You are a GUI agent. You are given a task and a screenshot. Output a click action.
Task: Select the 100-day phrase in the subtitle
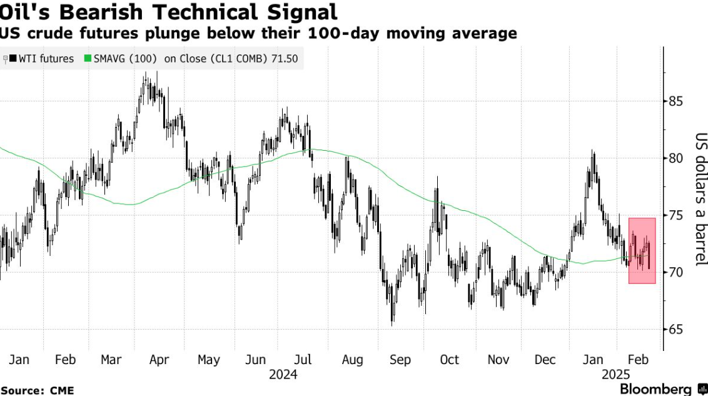point(365,33)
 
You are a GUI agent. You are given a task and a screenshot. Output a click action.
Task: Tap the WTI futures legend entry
point(46,59)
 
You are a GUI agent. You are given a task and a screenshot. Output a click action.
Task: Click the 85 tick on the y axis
point(675,101)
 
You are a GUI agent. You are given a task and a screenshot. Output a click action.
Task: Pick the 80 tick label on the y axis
point(675,158)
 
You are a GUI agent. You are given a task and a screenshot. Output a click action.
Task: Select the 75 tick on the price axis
point(675,215)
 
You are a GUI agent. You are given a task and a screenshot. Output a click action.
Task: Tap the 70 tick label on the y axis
point(675,272)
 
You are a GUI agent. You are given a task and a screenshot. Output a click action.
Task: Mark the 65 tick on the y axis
point(675,330)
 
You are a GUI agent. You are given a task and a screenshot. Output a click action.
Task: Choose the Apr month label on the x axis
point(159,360)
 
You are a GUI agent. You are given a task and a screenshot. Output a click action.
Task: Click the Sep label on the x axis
point(400,360)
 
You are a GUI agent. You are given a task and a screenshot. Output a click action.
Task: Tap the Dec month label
point(545,360)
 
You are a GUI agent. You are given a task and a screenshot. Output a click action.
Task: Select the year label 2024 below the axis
point(283,375)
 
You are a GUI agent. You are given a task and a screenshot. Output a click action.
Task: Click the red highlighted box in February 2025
point(642,250)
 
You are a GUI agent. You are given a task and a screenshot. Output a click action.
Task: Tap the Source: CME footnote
point(37,390)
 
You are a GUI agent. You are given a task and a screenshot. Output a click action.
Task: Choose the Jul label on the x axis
point(303,360)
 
